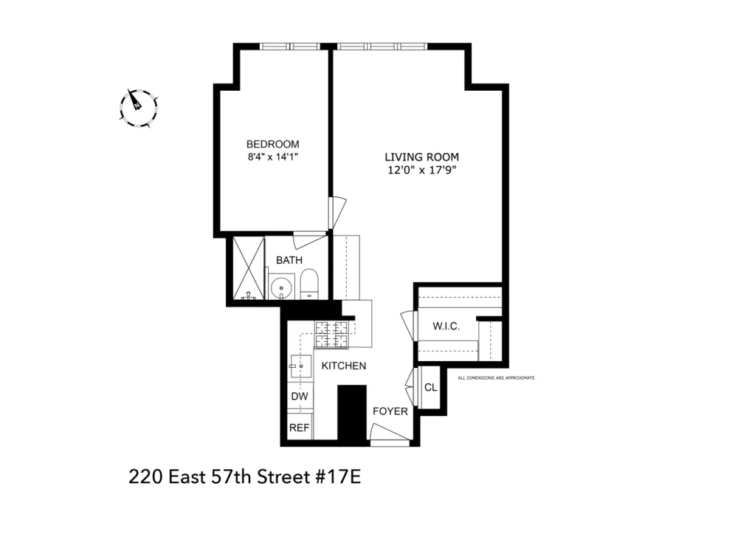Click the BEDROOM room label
click(x=272, y=144)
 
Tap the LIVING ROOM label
click(x=421, y=157)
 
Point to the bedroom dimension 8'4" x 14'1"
click(x=273, y=157)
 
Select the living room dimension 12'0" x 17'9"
click(x=421, y=170)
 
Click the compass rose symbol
click(x=139, y=108)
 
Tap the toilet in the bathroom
click(x=309, y=284)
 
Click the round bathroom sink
click(x=282, y=287)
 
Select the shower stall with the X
click(x=249, y=268)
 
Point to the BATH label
click(x=289, y=260)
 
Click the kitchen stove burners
click(x=331, y=335)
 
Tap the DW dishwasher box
click(x=300, y=396)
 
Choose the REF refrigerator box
click(x=300, y=427)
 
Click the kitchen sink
click(x=300, y=366)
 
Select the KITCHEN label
click(x=344, y=366)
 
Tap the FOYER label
click(x=390, y=411)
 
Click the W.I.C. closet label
click(x=446, y=326)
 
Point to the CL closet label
click(x=431, y=387)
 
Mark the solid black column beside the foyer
click(x=352, y=413)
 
